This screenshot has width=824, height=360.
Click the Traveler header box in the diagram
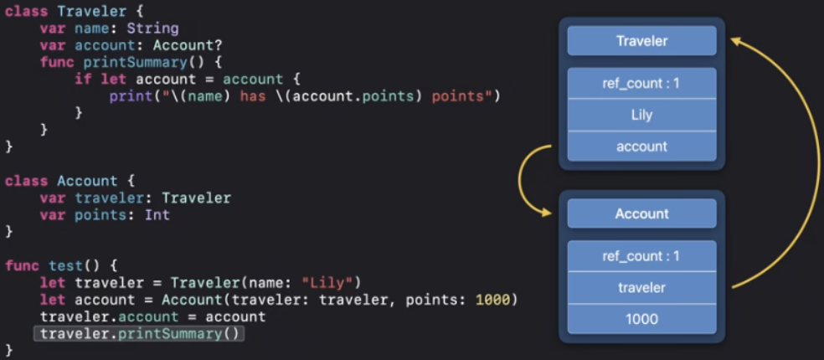[x=641, y=41]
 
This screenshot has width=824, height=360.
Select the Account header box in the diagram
[x=641, y=213]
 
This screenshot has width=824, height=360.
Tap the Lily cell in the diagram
[x=641, y=115]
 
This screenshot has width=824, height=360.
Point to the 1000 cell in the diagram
[x=641, y=319]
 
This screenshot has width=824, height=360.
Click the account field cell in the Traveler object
[x=641, y=147]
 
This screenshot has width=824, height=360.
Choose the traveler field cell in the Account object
[x=641, y=287]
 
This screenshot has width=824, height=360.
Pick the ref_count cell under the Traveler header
[x=641, y=83]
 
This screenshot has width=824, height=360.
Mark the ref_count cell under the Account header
[x=641, y=256]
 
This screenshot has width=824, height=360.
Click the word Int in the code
[x=157, y=214]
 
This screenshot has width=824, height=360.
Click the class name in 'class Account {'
[x=87, y=181]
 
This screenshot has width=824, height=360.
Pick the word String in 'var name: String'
[x=152, y=28]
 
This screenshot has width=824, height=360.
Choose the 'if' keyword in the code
[x=82, y=79]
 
